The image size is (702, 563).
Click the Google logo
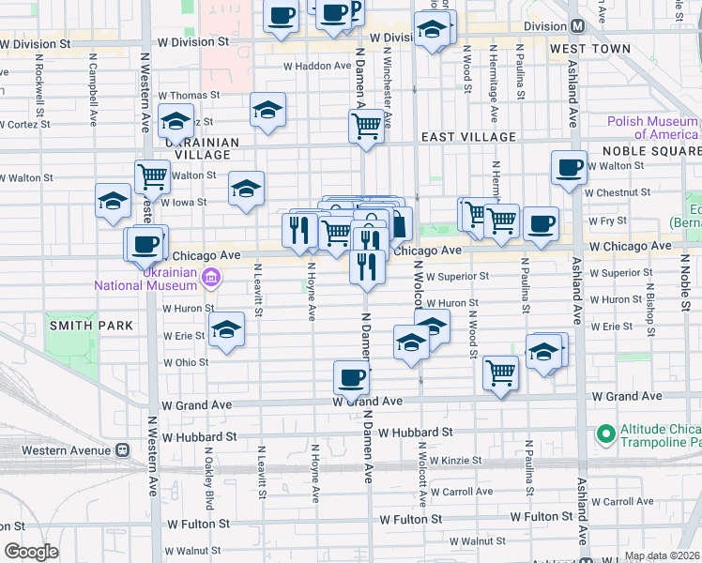click(32, 552)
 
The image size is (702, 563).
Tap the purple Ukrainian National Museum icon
click(212, 277)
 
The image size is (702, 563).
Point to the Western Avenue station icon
click(122, 449)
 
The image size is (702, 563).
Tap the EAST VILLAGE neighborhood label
click(468, 137)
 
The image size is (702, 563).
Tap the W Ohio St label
click(185, 362)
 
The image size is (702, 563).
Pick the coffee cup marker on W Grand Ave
click(351, 379)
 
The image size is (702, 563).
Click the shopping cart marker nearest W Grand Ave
click(500, 373)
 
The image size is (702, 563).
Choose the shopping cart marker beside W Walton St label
click(151, 175)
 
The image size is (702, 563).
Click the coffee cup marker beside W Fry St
click(541, 224)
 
